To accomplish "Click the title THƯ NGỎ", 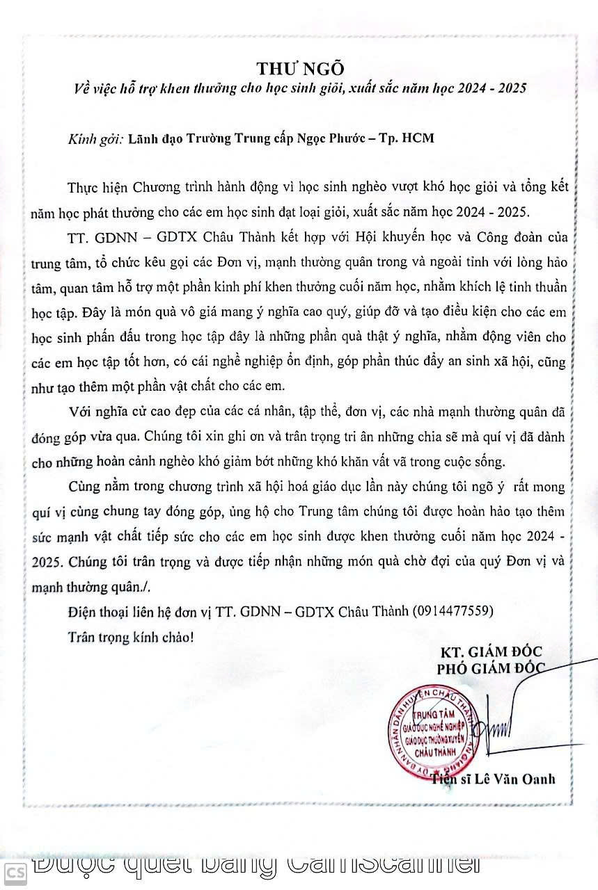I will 300,68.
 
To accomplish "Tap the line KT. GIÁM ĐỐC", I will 491,652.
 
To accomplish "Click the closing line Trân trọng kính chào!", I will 130,636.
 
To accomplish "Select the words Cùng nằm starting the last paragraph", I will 93,486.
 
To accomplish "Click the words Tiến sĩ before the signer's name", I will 450,779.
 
